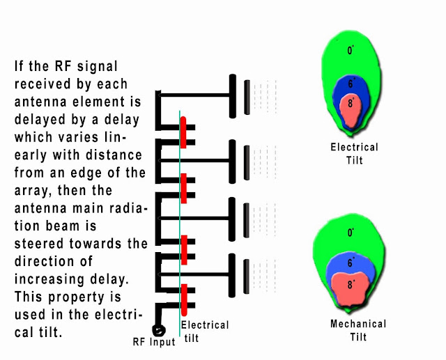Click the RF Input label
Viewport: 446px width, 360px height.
(x=154, y=342)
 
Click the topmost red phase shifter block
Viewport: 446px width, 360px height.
(x=183, y=132)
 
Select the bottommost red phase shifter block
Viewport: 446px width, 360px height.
(x=183, y=299)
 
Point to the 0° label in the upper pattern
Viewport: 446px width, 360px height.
(x=351, y=50)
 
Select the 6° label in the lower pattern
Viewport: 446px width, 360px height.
(x=351, y=263)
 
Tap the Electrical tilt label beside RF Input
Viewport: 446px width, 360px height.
(x=204, y=331)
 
